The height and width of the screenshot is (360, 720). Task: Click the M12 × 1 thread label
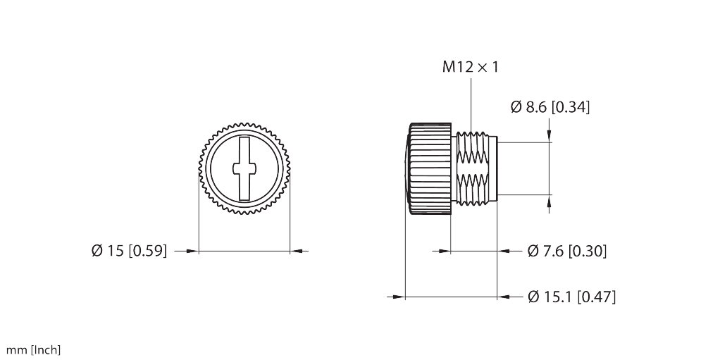pyautogui.click(x=470, y=67)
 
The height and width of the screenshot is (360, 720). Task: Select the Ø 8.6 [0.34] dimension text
pyautogui.click(x=550, y=107)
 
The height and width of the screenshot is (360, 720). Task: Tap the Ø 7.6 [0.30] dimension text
pyautogui.click(x=567, y=252)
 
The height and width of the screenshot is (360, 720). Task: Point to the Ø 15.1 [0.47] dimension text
pyautogui.click(x=571, y=297)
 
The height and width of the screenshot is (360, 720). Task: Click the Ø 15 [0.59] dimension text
pyautogui.click(x=130, y=251)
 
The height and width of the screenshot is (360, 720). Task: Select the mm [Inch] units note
pyautogui.click(x=33, y=350)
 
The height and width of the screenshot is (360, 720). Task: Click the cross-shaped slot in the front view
pyautogui.click(x=244, y=168)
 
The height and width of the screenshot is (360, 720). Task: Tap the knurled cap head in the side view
pyautogui.click(x=428, y=169)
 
